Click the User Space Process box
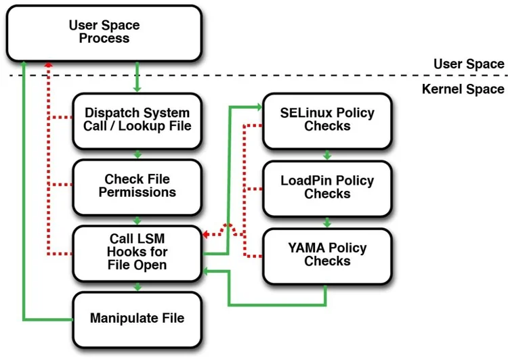[x=104, y=32]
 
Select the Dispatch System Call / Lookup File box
[x=137, y=120]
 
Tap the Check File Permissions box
[x=137, y=185]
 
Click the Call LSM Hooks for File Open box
[x=137, y=252]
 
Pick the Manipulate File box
[x=137, y=317]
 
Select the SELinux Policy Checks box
[x=327, y=120]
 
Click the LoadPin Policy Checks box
[x=327, y=187]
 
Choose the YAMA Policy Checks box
[x=327, y=254]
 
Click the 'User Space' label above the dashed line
[x=469, y=64]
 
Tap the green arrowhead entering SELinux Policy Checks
[x=258, y=106]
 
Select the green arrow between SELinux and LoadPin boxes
[x=327, y=154]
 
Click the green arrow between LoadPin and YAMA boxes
[x=327, y=221]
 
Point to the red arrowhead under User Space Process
[x=47, y=65]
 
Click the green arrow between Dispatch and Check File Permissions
[x=137, y=154]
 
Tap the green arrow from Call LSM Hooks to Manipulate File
[x=137, y=286]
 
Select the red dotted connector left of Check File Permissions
[x=60, y=185]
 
